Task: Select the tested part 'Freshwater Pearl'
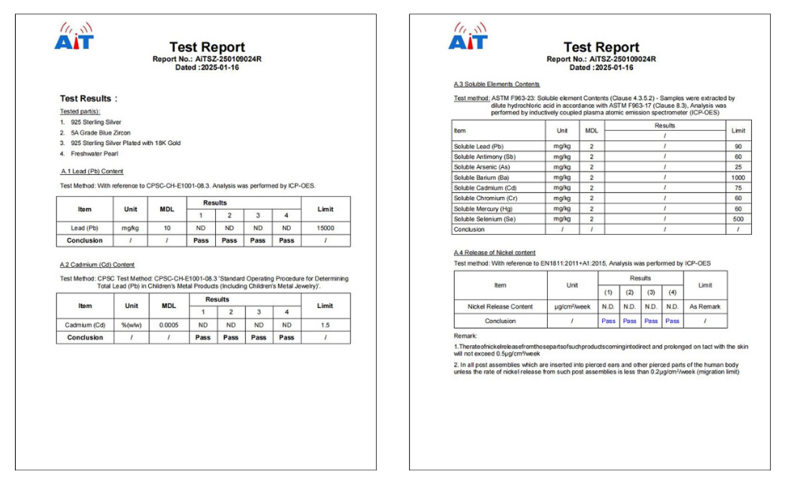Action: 92,154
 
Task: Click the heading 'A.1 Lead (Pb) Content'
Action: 91,171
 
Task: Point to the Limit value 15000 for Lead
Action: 322,227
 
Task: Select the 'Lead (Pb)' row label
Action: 84,227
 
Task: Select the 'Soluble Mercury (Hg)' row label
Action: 482,209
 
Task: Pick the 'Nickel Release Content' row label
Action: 500,307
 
